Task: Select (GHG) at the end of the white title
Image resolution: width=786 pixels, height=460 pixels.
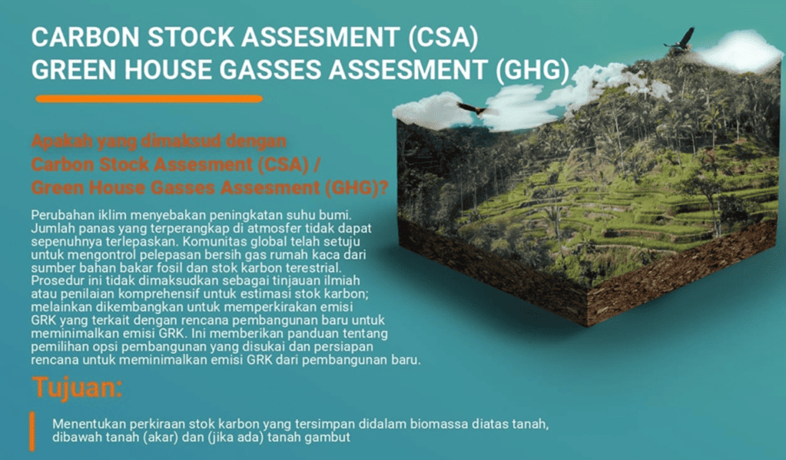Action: pyautogui.click(x=532, y=70)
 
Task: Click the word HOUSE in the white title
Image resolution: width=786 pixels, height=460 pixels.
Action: pyautogui.click(x=170, y=70)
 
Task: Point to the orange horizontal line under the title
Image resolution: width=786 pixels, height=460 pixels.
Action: pyautogui.click(x=149, y=99)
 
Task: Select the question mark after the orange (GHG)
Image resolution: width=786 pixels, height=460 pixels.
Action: pyautogui.click(x=383, y=187)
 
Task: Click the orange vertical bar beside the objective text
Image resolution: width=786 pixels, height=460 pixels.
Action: pyautogui.click(x=32, y=432)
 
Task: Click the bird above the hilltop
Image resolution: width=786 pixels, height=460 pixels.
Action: pyautogui.click(x=681, y=40)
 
